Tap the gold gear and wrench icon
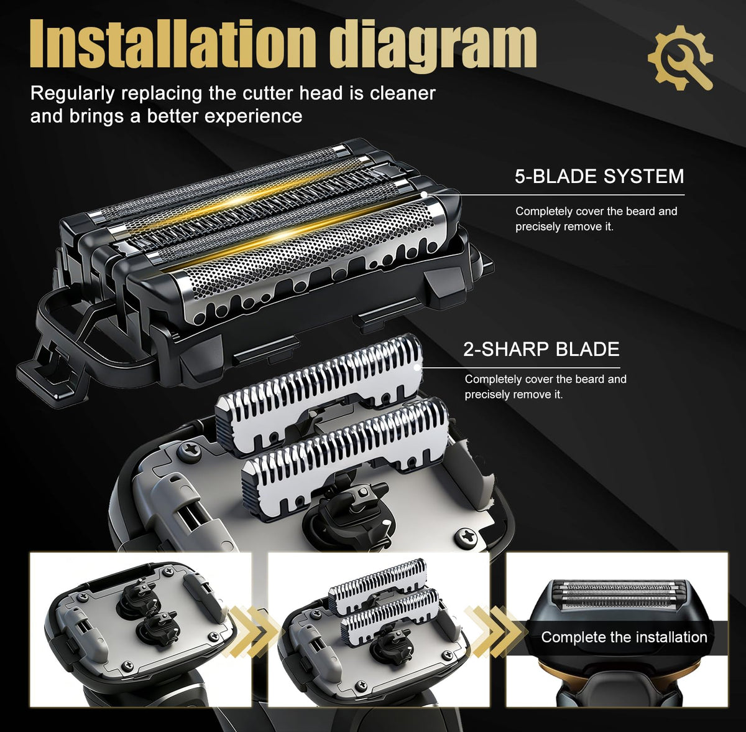[x=680, y=58]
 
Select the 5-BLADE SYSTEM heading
[x=599, y=176]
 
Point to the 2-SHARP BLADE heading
[x=541, y=349]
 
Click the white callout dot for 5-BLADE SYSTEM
[x=424, y=194]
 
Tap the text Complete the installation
[x=624, y=637]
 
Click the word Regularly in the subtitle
[x=72, y=94]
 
